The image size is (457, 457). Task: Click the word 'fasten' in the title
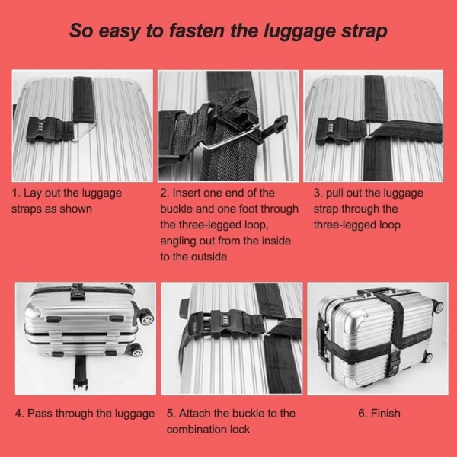(x=197, y=30)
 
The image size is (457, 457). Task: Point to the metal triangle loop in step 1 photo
(x=84, y=131)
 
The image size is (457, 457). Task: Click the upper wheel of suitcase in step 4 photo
(x=146, y=318)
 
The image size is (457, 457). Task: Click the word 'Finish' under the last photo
(x=385, y=414)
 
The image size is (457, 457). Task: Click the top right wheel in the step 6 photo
(x=438, y=307)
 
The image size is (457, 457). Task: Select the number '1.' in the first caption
(x=16, y=193)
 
